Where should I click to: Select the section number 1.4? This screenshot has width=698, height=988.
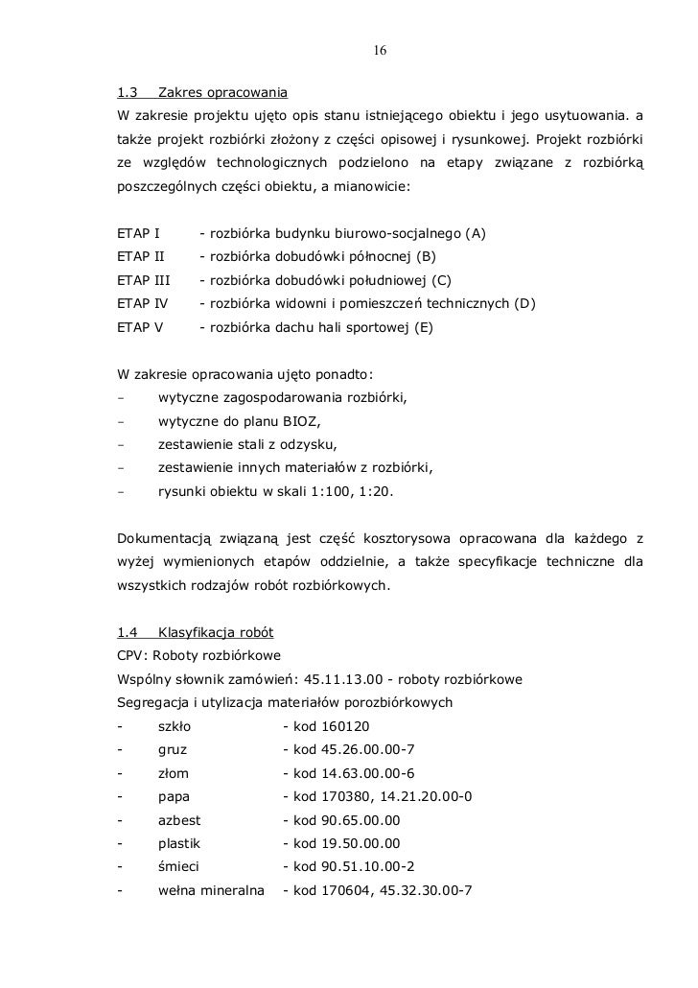pos(127,633)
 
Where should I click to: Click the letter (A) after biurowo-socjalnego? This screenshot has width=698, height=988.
pos(475,233)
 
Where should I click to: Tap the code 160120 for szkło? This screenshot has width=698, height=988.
pos(348,726)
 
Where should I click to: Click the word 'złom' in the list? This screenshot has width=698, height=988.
pos(174,773)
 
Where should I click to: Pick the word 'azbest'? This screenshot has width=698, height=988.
pos(179,820)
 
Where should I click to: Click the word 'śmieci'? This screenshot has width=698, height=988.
pos(178,867)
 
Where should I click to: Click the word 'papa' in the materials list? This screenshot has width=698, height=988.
pos(174,797)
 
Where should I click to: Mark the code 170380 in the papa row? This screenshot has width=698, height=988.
pos(348,797)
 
